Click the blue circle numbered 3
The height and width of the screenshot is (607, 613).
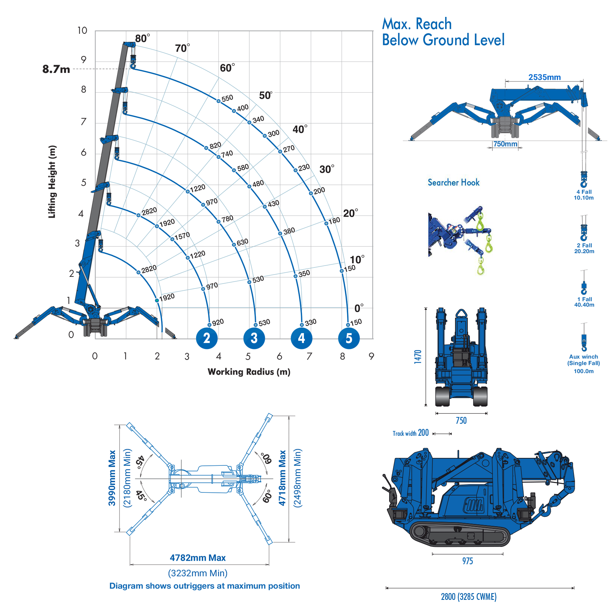tap(254, 338)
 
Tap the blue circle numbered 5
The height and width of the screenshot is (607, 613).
tap(349, 338)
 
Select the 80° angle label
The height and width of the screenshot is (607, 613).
tap(142, 38)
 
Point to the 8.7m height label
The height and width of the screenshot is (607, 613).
tap(56, 69)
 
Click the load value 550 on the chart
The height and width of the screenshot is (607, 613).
tap(227, 98)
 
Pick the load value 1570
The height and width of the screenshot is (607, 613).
tap(182, 236)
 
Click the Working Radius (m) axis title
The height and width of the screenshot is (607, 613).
tap(249, 372)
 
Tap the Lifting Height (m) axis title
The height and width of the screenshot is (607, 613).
tap(52, 182)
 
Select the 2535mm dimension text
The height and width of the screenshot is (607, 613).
tap(544, 77)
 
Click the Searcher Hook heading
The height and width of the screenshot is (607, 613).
tap(453, 183)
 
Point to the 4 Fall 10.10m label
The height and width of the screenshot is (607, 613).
tap(584, 195)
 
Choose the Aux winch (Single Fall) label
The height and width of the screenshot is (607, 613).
tap(583, 360)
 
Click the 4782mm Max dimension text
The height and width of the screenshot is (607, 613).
tap(198, 558)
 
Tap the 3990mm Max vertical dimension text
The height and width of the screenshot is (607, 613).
tap(112, 478)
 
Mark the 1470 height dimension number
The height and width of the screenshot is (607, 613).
tap(418, 356)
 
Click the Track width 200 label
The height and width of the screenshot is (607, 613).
tap(411, 433)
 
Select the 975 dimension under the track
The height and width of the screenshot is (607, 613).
tap(467, 561)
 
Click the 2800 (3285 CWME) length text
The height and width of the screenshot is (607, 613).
tap(468, 596)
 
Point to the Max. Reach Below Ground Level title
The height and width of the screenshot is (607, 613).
tap(443, 32)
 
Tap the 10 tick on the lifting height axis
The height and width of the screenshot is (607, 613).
tap(82, 30)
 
